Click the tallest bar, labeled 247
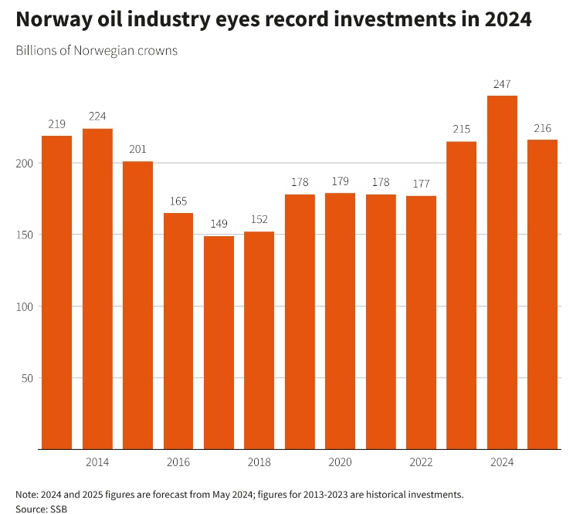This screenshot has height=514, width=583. [502, 272]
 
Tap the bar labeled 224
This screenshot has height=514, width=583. [97, 288]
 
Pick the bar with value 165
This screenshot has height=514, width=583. [178, 330]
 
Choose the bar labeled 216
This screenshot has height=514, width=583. [542, 293]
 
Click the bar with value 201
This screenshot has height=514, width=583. [137, 305]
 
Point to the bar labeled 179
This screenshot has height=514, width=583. [340, 320]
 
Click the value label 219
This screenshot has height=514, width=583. [56, 124]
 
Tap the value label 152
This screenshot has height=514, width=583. [259, 220]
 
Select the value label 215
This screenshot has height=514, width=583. [461, 130]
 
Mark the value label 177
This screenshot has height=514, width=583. [421, 184]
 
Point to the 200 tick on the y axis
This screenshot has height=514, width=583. [25, 164]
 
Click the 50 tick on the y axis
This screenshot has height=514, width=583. [29, 378]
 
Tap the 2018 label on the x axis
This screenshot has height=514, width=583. [259, 462]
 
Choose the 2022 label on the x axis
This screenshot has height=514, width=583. [421, 462]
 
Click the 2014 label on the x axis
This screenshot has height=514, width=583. [97, 462]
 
